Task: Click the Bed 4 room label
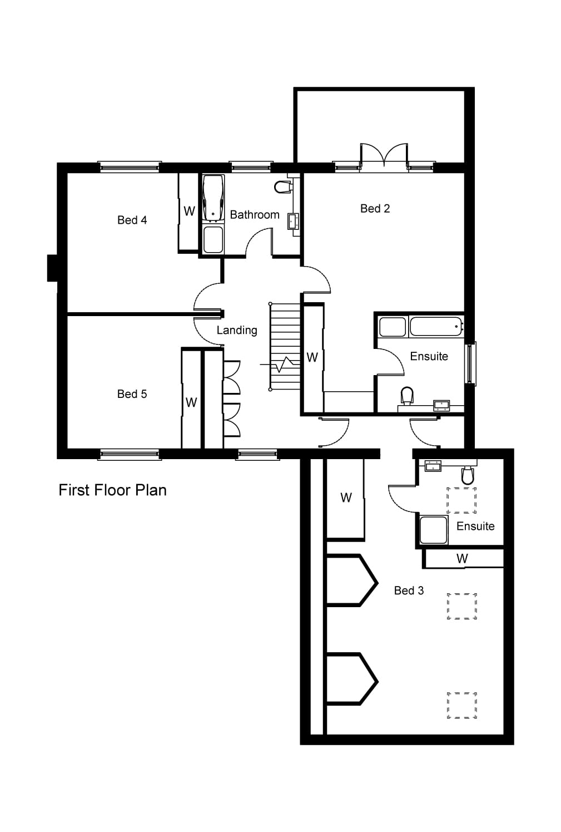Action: pyautogui.click(x=132, y=220)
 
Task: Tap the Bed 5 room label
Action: pyautogui.click(x=132, y=394)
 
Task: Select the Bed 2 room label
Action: pyautogui.click(x=375, y=209)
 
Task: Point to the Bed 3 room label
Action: pyautogui.click(x=409, y=590)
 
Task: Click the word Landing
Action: pyautogui.click(x=237, y=330)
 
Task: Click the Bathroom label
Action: pyautogui.click(x=255, y=215)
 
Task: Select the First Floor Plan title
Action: pyautogui.click(x=112, y=490)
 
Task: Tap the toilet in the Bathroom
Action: pyautogui.click(x=284, y=186)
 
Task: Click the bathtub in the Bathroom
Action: pyautogui.click(x=213, y=198)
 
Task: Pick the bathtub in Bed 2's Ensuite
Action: pyautogui.click(x=436, y=327)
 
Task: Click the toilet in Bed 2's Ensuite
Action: pyautogui.click(x=408, y=396)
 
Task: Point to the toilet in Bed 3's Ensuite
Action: pyautogui.click(x=468, y=476)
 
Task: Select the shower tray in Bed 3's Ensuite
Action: pyautogui.click(x=433, y=530)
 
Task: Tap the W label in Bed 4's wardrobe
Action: pyautogui.click(x=189, y=211)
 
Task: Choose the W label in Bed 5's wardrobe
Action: pyautogui.click(x=191, y=402)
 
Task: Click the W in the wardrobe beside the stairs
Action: pyautogui.click(x=312, y=357)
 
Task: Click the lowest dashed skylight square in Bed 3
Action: pyautogui.click(x=462, y=706)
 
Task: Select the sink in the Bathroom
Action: pyautogui.click(x=293, y=221)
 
